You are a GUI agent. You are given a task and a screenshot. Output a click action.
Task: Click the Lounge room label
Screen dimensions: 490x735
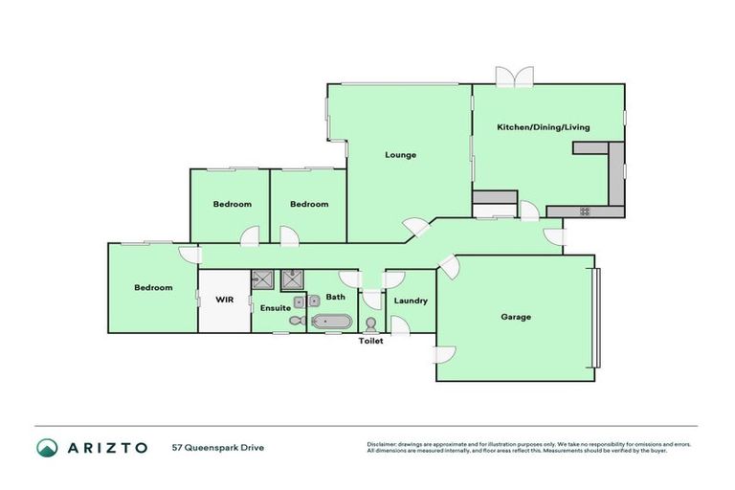400,154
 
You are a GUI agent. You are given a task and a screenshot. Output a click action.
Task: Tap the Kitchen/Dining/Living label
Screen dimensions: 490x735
543,127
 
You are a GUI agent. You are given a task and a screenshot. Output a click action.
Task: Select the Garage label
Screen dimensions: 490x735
515,317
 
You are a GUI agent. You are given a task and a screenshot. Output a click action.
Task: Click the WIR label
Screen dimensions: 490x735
224,300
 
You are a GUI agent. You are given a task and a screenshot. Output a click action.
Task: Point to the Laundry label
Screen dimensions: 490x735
410,301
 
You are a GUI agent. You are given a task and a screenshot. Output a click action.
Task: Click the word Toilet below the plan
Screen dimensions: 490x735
370,341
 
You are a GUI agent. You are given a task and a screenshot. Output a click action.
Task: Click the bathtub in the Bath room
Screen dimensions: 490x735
331,323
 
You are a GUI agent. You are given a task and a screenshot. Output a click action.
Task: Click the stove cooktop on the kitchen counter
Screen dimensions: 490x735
585,211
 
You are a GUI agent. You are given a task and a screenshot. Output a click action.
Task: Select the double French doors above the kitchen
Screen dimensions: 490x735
513,77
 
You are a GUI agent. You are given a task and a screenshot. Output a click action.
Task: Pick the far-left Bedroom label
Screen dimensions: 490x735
153,288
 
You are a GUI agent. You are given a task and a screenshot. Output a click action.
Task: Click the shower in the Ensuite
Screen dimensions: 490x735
262,279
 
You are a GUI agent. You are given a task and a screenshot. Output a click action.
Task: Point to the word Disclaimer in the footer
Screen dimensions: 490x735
384,444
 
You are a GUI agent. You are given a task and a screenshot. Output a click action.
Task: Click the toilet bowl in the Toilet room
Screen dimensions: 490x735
370,324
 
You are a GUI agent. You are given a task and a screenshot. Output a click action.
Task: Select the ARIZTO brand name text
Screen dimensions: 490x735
106,448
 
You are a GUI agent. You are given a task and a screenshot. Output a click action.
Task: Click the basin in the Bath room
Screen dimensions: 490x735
317,299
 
